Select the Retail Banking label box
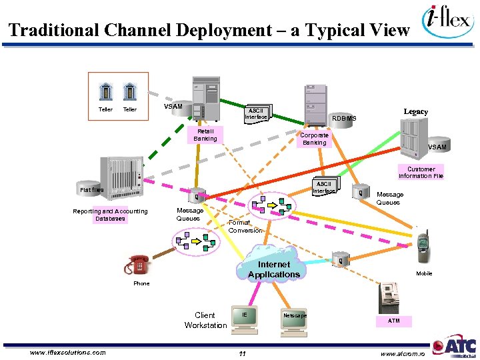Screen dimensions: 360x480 (x=205, y=135)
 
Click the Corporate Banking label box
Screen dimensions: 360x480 (x=314, y=139)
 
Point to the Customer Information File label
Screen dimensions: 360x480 (x=421, y=173)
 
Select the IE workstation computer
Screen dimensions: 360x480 (x=245, y=319)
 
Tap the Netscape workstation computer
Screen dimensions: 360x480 (x=294, y=319)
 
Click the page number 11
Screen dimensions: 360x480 (x=243, y=353)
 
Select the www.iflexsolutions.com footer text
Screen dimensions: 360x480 (x=68, y=352)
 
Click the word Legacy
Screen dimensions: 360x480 (x=415, y=111)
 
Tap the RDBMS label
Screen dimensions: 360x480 (x=345, y=119)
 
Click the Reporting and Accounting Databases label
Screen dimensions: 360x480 (x=110, y=215)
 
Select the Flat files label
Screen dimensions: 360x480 (x=92, y=190)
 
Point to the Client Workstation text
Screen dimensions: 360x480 (x=205, y=320)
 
